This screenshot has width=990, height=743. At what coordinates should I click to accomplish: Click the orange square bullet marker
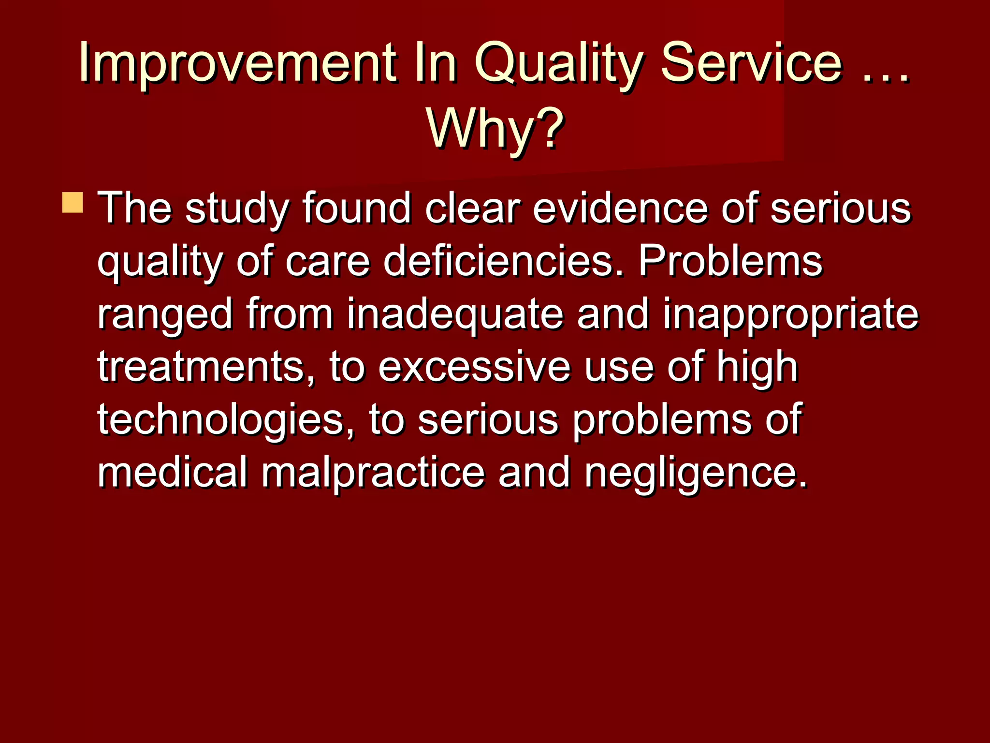[x=73, y=202]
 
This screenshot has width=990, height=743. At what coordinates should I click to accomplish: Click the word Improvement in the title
[x=237, y=63]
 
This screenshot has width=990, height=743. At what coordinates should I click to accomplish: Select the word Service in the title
[x=751, y=63]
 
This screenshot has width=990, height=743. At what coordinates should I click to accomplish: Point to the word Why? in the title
[x=495, y=129]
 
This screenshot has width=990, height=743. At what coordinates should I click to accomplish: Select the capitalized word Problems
[x=730, y=261]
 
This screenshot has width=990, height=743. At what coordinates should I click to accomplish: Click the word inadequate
[x=455, y=314]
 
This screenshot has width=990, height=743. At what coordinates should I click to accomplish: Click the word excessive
[x=474, y=368]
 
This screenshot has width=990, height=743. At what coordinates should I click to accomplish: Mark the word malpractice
[x=373, y=473]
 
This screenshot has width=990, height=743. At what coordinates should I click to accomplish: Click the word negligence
[x=696, y=474]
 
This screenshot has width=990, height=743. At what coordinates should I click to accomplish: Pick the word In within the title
[x=435, y=63]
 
